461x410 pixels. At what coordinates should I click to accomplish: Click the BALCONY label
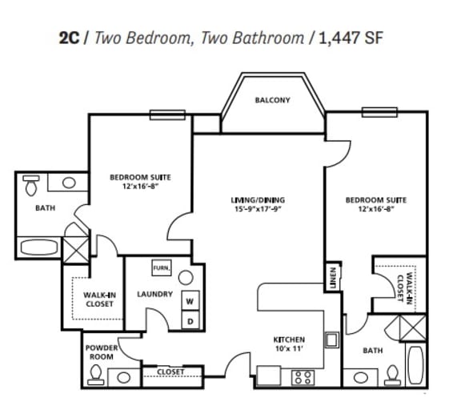pyautogui.click(x=272, y=100)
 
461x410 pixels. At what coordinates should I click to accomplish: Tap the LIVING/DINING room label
pyautogui.click(x=258, y=199)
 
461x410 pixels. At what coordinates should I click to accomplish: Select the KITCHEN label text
pyautogui.click(x=288, y=340)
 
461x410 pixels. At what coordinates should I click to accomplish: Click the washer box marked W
pyautogui.click(x=190, y=301)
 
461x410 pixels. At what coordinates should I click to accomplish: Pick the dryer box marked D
pyautogui.click(x=190, y=320)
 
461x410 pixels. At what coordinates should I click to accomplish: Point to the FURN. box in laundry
pyautogui.click(x=160, y=267)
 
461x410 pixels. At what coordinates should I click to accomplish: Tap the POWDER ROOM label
pyautogui.click(x=102, y=352)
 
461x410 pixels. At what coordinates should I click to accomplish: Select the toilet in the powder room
pyautogui.click(x=97, y=374)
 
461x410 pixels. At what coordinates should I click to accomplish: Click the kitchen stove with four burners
pyautogui.click(x=303, y=376)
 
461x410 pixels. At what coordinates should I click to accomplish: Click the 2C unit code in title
pyautogui.click(x=70, y=38)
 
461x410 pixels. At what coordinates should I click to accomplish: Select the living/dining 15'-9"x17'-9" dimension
pyautogui.click(x=258, y=210)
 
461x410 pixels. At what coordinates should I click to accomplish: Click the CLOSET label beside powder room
pyautogui.click(x=170, y=372)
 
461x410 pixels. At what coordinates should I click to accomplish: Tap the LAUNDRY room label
pyautogui.click(x=154, y=294)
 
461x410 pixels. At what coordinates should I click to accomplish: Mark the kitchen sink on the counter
pyautogui.click(x=331, y=340)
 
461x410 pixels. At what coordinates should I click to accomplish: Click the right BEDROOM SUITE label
pyautogui.click(x=377, y=199)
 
